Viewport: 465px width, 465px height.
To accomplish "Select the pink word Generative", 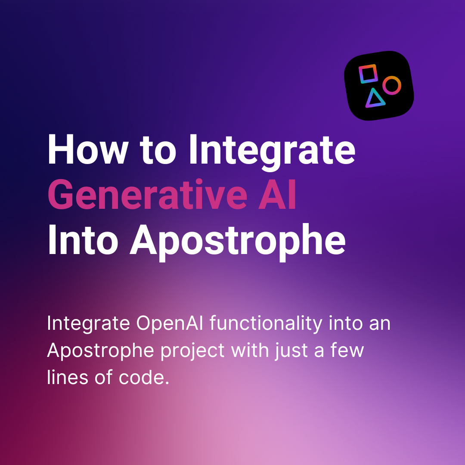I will (147, 195).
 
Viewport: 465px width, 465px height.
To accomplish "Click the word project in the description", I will (192, 350).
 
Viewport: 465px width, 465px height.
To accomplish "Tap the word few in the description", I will (347, 350).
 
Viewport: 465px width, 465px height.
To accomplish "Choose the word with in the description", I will (248, 350).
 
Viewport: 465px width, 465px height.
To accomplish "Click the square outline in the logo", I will (368, 74).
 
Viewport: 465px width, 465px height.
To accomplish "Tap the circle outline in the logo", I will (392, 85).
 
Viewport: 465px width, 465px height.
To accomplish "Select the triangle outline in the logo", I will (375, 99).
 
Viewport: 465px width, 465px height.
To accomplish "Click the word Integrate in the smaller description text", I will (88, 323).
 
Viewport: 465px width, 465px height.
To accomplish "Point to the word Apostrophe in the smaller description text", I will (100, 350).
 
